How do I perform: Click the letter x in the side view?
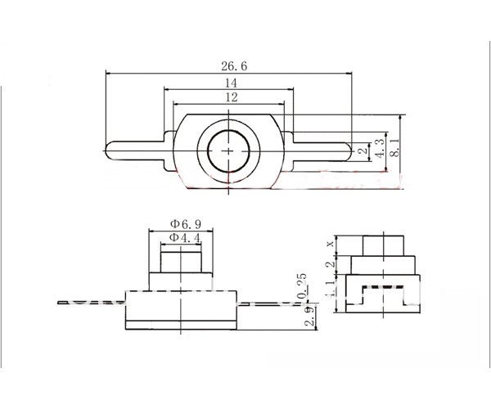pyautogui.click(x=330, y=243)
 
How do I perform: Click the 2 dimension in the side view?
pyautogui.click(x=330, y=265)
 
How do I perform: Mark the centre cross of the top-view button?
pyautogui.click(x=228, y=151)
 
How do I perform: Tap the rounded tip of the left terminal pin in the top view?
pyautogui.click(x=110, y=151)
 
